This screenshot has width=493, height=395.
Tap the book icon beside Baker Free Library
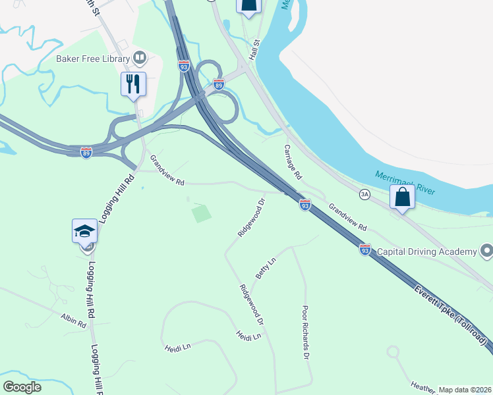(140, 58)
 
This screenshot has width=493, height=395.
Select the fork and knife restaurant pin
(132, 84)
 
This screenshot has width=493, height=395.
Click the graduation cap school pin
(85, 232)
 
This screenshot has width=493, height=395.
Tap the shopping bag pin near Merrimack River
(401, 197)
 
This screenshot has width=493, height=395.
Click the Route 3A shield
(364, 194)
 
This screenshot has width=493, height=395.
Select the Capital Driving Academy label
(427, 251)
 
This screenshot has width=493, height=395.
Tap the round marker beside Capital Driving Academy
(486, 251)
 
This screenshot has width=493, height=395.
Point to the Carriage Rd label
(293, 163)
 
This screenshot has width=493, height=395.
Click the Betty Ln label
(265, 269)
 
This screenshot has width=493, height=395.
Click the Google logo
(22, 387)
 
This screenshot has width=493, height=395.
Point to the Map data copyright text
(464, 390)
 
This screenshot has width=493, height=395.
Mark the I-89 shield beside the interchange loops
(219, 84)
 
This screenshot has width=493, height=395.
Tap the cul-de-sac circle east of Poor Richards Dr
(393, 352)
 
